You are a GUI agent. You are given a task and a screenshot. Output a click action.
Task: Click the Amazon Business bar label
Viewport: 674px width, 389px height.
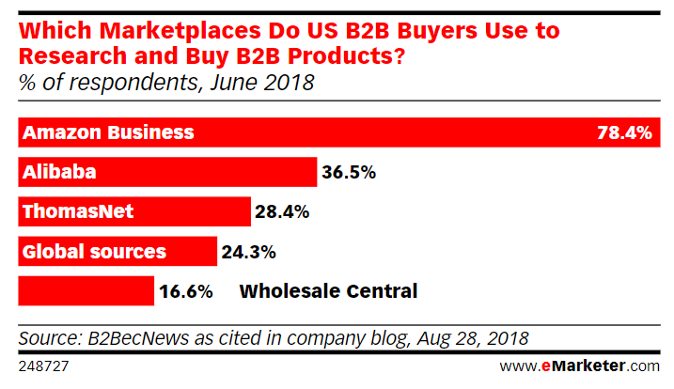pos(108,132)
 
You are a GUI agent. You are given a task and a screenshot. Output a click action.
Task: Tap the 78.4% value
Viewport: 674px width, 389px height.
pos(624,132)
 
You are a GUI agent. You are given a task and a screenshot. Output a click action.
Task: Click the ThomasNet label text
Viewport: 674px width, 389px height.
pos(78,211)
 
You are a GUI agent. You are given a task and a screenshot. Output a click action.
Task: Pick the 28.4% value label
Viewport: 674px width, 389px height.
pos(282,211)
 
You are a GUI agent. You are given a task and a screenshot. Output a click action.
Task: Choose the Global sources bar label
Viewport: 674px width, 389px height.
pos(94,251)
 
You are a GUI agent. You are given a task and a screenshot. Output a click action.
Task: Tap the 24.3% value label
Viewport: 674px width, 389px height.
pos(249,251)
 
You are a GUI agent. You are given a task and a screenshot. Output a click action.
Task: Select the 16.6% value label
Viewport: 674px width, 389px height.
pos(186,290)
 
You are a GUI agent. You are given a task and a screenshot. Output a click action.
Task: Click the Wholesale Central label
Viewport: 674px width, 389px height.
pos(328,290)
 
